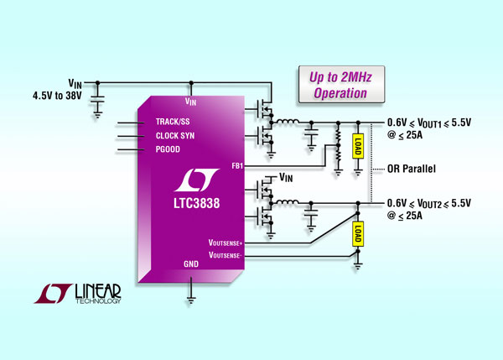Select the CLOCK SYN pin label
(175, 136)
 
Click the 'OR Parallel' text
(412, 168)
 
